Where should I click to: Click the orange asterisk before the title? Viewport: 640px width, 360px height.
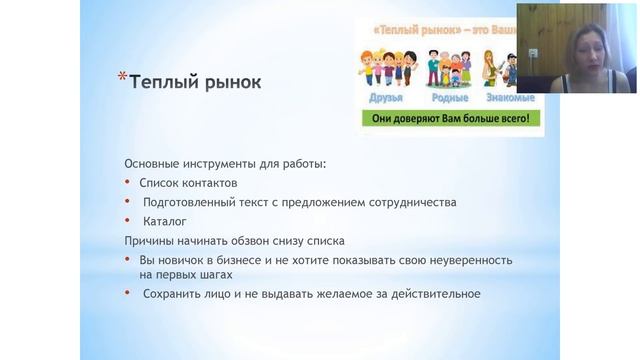pos(122,75)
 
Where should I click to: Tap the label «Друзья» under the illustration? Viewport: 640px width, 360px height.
pos(386,98)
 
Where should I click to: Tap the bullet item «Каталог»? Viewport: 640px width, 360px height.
pos(164,221)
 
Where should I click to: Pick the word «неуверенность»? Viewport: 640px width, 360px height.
pos(470,260)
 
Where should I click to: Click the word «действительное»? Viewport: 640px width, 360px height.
pos(434,294)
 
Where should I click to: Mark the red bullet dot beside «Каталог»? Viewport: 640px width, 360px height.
pos(128,221)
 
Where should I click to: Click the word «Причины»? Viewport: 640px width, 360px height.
pos(151,241)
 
